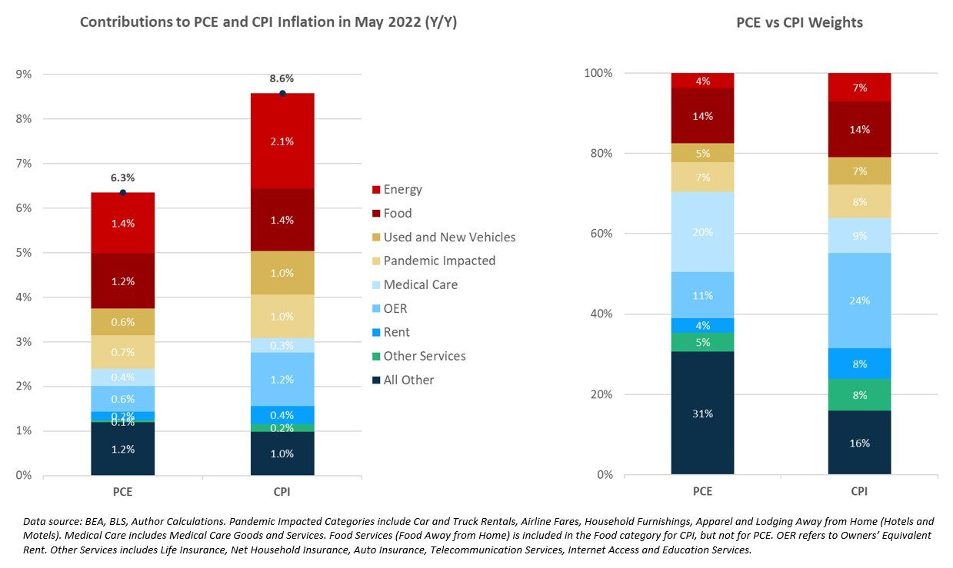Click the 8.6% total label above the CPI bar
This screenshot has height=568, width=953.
[282, 78]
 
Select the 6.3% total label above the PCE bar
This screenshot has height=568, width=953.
[122, 178]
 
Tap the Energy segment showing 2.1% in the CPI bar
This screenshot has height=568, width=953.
[282, 141]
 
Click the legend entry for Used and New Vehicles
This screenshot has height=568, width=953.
[450, 237]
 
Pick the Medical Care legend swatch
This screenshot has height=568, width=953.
[375, 285]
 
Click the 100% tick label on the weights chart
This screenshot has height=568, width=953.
[598, 73]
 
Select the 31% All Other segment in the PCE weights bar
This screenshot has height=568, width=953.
[702, 413]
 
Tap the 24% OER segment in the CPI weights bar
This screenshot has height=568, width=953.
[859, 301]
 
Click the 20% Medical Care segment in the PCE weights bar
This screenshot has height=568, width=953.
[702, 231]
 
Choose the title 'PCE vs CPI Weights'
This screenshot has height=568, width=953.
[799, 22]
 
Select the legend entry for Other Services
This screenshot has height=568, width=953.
[425, 356]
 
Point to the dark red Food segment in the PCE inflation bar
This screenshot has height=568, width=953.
[122, 281]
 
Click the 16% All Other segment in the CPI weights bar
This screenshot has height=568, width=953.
[859, 443]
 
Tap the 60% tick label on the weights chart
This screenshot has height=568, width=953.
[600, 234]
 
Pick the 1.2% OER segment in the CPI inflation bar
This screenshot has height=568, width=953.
[282, 379]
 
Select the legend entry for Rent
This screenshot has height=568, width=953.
[396, 332]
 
